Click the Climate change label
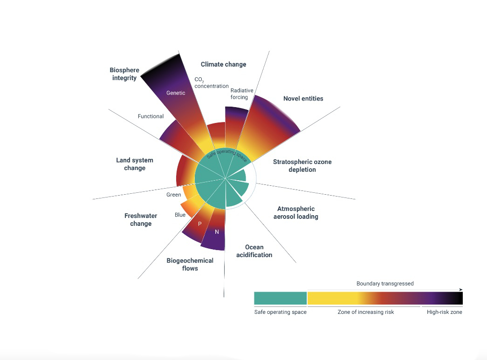click(x=223, y=64)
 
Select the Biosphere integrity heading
click(x=124, y=74)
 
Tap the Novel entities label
click(x=303, y=99)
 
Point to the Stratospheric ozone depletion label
click(x=302, y=166)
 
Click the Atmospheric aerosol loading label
click(x=296, y=213)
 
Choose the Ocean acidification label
click(x=254, y=251)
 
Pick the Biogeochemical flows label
click(x=190, y=264)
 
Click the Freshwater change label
click(x=141, y=220)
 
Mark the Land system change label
click(x=135, y=164)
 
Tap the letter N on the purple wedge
click(x=217, y=232)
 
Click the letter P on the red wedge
click(x=199, y=224)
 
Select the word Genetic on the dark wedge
click(x=176, y=93)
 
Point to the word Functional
click(x=151, y=116)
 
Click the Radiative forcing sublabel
click(x=239, y=94)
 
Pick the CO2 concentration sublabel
click(x=211, y=83)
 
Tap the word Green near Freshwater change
click(x=174, y=195)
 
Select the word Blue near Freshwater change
click(x=180, y=215)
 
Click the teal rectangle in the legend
click(x=280, y=298)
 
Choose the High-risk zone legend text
click(x=444, y=312)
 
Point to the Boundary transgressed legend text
click(x=385, y=284)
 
